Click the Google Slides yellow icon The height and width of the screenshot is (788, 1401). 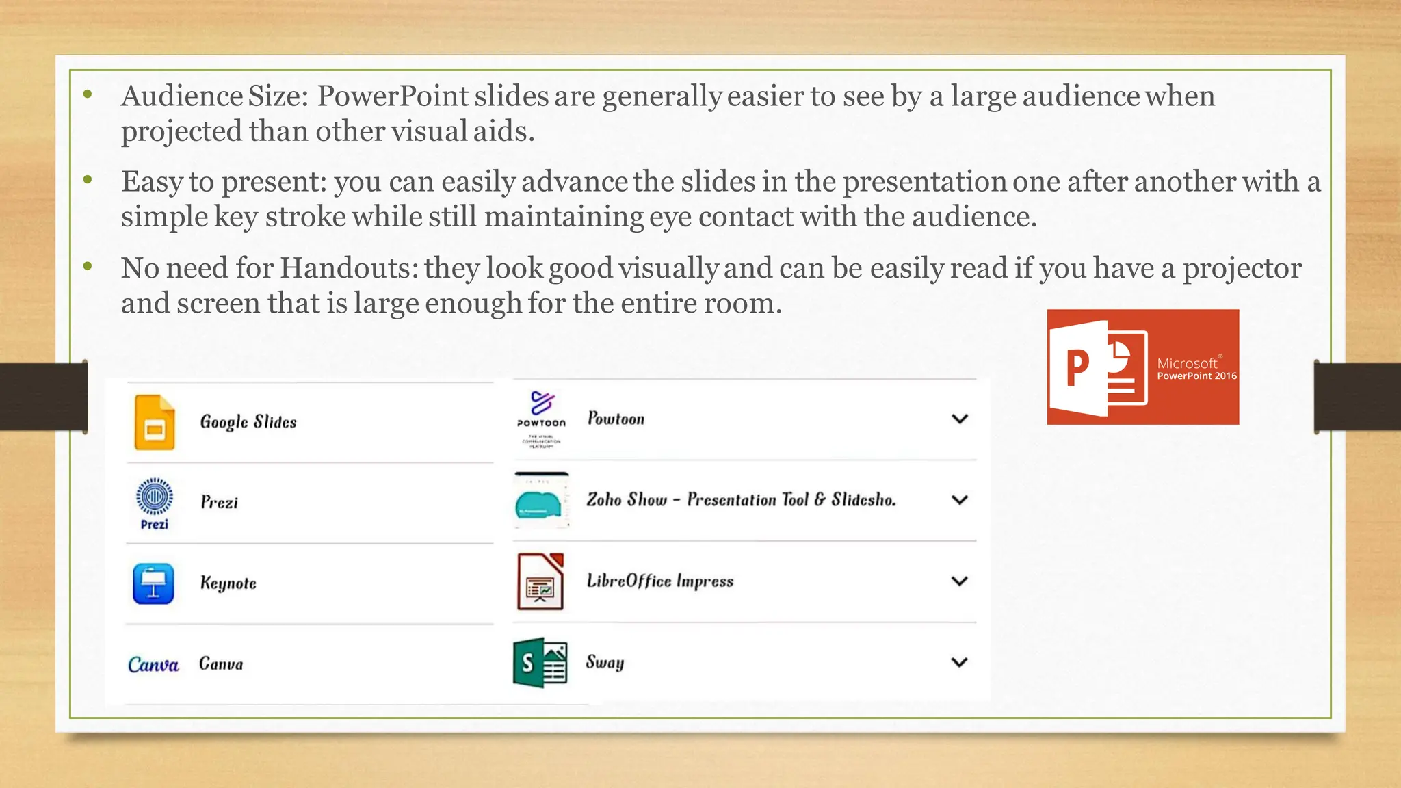click(155, 423)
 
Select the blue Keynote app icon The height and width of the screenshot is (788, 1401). click(153, 583)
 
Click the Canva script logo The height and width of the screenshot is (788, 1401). click(153, 664)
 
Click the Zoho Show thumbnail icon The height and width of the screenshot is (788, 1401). click(541, 501)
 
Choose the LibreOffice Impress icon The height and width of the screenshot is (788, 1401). click(540, 581)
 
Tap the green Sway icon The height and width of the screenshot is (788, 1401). click(540, 662)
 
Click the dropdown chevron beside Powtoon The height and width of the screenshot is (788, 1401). click(960, 419)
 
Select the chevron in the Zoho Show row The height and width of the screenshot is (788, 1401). click(960, 500)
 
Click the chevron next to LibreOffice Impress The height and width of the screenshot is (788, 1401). click(960, 581)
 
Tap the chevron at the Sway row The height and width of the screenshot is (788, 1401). click(960, 662)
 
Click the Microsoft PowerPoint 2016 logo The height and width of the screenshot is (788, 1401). click(1142, 367)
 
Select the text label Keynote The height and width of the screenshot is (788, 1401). click(228, 583)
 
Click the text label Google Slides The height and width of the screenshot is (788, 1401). click(248, 422)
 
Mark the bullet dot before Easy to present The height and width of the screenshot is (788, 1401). click(88, 180)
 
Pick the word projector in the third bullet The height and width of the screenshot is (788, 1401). click(1242, 268)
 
